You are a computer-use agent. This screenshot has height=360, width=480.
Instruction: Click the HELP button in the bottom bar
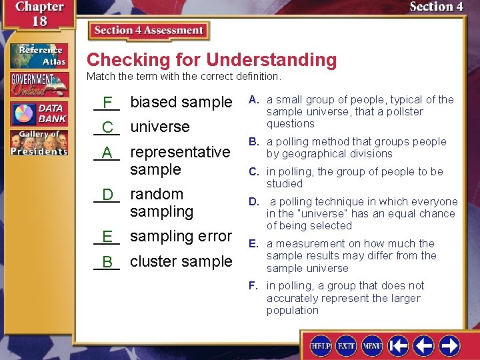coord(321,345)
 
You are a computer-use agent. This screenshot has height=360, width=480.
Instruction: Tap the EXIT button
coord(346,345)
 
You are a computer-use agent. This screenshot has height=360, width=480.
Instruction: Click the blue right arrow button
coord(449,345)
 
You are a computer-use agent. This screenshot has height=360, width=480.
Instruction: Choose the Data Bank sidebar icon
coord(39,113)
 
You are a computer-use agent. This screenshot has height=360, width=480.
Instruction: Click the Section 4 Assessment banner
coord(149,31)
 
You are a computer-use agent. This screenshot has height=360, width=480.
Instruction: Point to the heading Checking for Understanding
coord(211,60)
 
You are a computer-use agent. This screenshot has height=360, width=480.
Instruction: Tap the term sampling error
coord(181,236)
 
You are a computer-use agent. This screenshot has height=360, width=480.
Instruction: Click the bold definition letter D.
coord(254,201)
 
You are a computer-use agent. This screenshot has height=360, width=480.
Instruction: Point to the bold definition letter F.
coord(253,286)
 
